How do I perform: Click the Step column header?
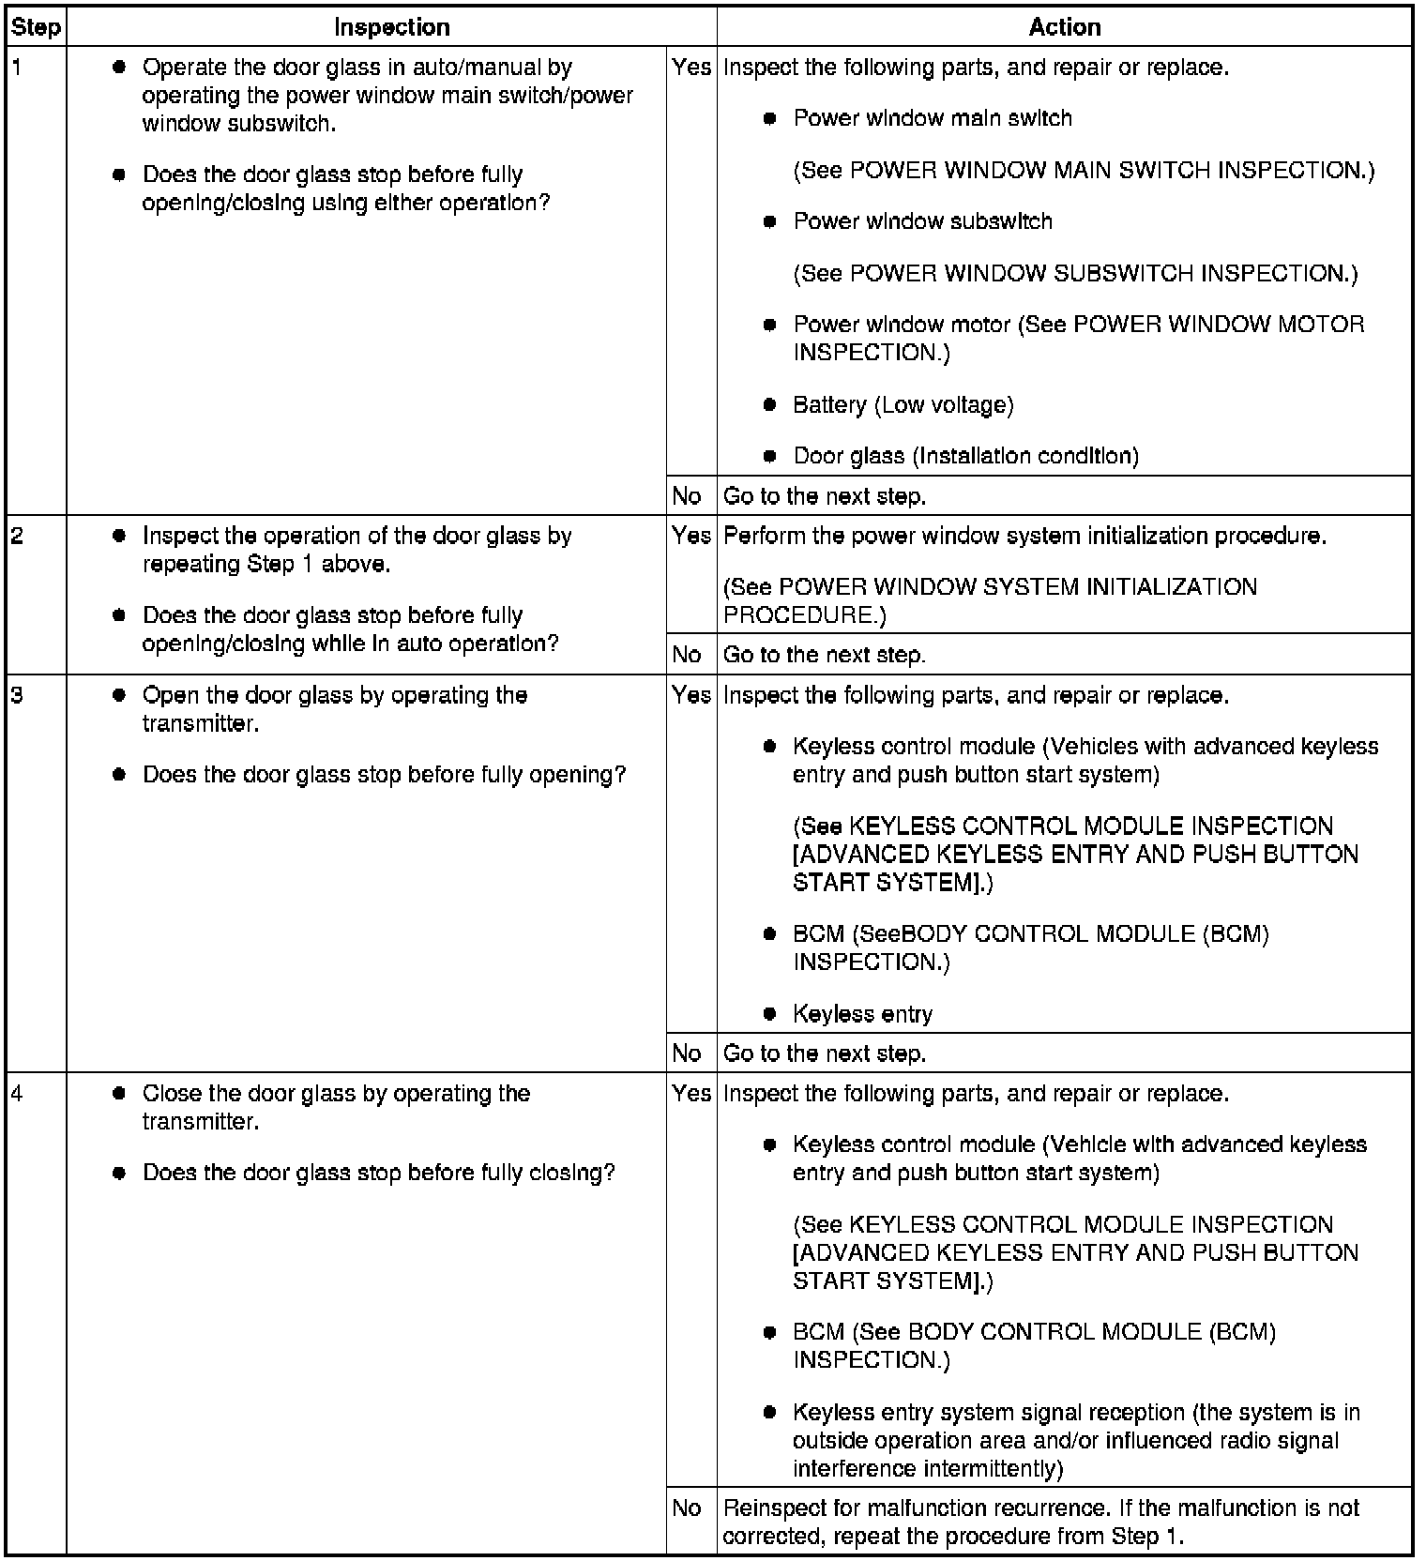(x=36, y=27)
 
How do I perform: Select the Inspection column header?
(x=391, y=27)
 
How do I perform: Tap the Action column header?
(x=1064, y=27)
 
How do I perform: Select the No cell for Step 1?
(x=687, y=495)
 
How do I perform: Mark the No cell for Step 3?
(x=687, y=1053)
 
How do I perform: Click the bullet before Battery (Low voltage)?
(x=770, y=405)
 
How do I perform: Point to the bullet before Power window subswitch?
(x=770, y=222)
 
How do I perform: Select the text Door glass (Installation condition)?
(x=965, y=456)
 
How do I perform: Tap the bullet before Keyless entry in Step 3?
(x=770, y=1014)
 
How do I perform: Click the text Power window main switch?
(x=932, y=118)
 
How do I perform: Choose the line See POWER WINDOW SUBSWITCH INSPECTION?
(x=1075, y=273)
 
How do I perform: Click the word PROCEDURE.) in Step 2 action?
(x=804, y=615)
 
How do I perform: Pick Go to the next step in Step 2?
(x=824, y=655)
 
